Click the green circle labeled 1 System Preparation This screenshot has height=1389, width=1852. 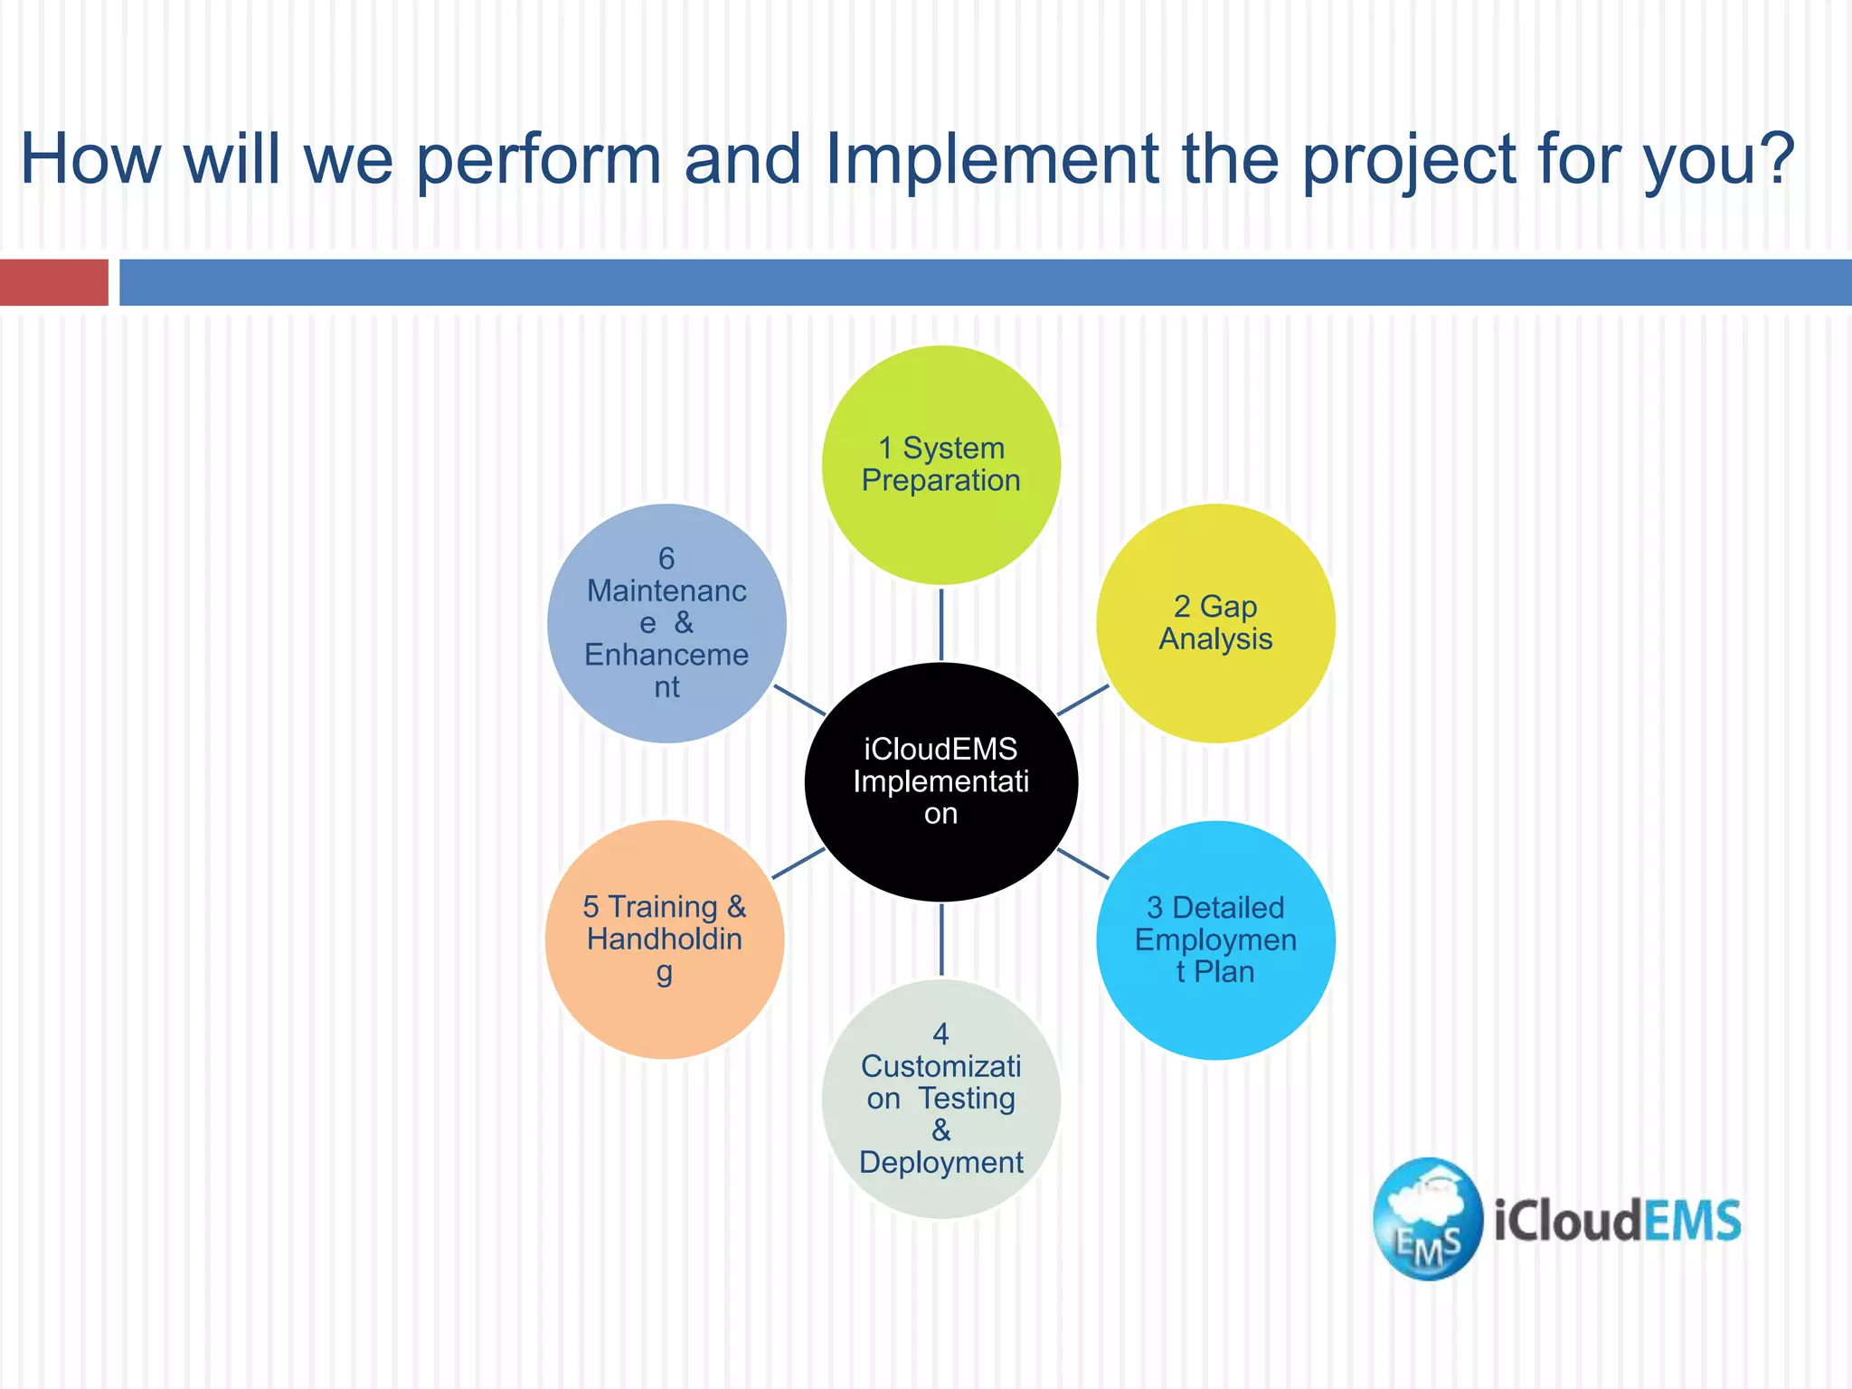[x=940, y=465]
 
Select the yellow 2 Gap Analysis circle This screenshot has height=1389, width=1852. [x=1215, y=623]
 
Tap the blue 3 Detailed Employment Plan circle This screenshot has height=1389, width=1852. [x=1215, y=940]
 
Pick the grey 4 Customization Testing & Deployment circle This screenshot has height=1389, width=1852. [x=940, y=1099]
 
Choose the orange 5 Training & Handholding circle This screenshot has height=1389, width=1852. [x=665, y=940]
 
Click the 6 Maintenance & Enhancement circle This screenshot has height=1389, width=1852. [x=666, y=623]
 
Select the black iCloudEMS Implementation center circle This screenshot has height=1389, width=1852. [x=940, y=782]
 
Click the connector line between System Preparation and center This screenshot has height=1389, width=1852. [x=941, y=624]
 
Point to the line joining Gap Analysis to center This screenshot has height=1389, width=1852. [x=1082, y=700]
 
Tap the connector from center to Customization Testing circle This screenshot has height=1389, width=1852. [x=941, y=940]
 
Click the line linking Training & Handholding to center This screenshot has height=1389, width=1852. [x=798, y=864]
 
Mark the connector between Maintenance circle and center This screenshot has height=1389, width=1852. [x=800, y=700]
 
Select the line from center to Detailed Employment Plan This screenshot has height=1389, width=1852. [x=1082, y=864]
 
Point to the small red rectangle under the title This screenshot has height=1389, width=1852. [x=54, y=282]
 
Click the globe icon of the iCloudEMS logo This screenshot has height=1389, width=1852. [x=1428, y=1219]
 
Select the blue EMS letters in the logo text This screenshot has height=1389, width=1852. [x=1691, y=1221]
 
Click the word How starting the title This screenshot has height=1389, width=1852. [x=90, y=159]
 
